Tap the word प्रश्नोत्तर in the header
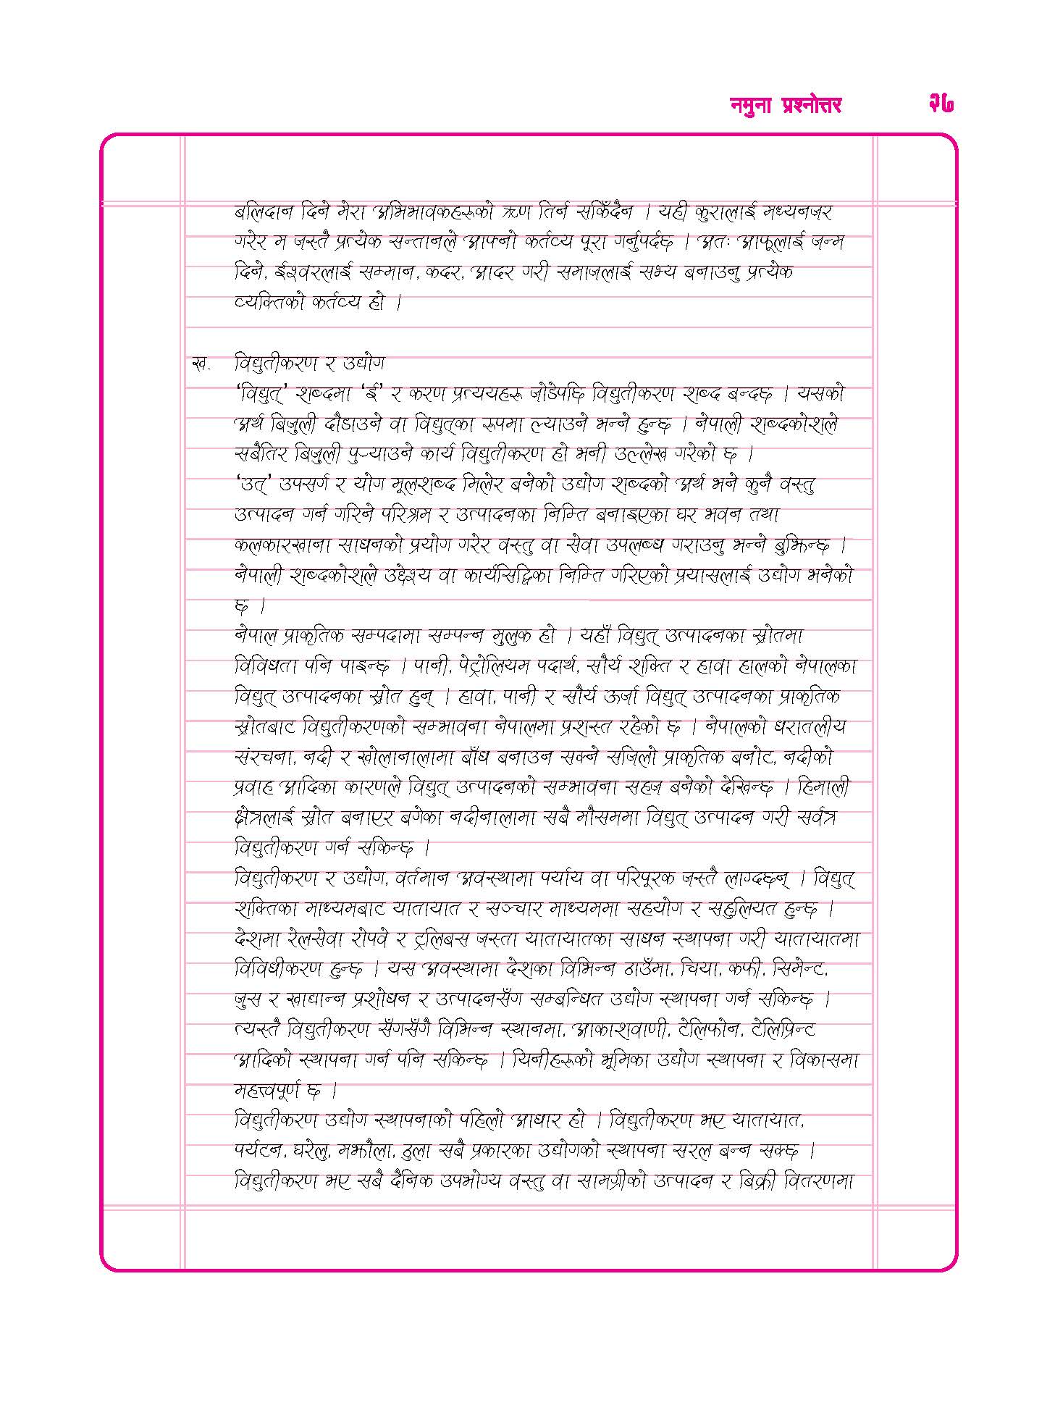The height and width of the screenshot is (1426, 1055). tap(812, 106)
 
